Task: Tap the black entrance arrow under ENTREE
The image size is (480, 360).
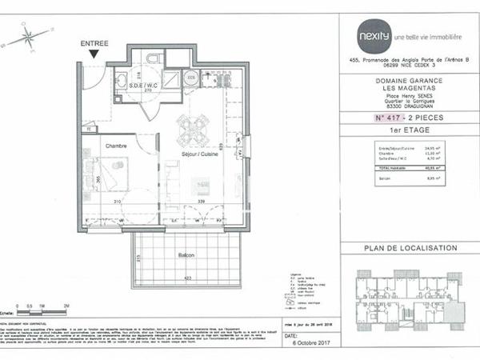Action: pyautogui.click(x=94, y=54)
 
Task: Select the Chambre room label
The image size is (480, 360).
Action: pyautogui.click(x=118, y=146)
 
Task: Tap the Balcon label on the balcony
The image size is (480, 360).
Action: pyautogui.click(x=186, y=256)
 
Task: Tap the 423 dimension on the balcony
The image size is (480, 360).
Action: pyautogui.click(x=187, y=278)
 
